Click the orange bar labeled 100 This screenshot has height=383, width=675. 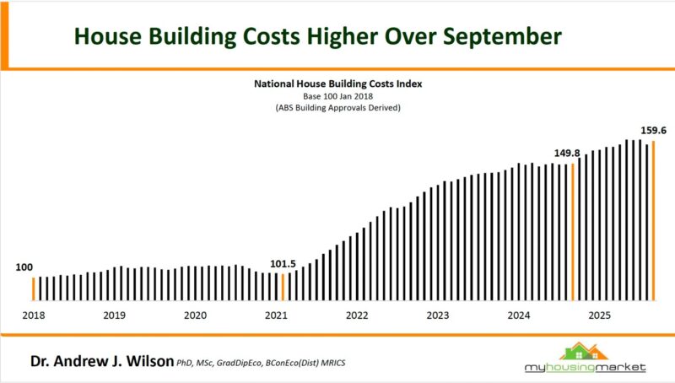pos(33,289)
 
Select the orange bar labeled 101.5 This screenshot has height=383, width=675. pos(283,287)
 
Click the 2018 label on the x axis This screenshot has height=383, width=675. pos(34,315)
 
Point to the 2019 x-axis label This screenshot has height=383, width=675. pos(114,315)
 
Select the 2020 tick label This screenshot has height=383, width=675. pos(195,315)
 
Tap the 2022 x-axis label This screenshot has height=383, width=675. pos(357,315)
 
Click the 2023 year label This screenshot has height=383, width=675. pos(437,315)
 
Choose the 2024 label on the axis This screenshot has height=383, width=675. pos(518,315)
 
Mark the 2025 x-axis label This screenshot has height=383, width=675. pos(599,315)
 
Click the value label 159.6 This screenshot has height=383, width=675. pos(653,131)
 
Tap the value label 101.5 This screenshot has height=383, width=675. pos(283,264)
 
